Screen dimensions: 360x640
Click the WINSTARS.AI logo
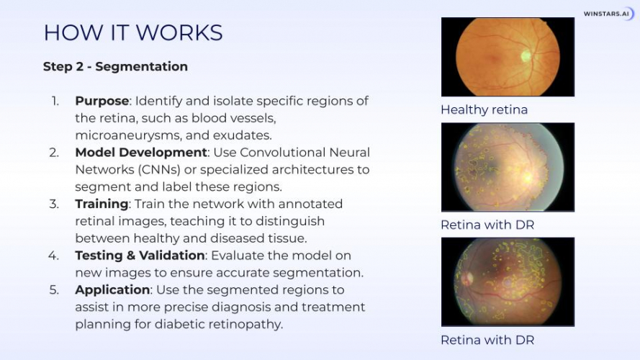coord(608,14)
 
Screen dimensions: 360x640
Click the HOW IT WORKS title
coord(133,32)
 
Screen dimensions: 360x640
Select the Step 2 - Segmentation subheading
coord(115,67)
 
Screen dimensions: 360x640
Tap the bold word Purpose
coord(102,101)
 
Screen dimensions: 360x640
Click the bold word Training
coord(102,204)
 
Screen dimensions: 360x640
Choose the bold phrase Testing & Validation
coord(140,256)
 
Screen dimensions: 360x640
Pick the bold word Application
coord(112,290)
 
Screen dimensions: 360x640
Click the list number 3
coord(54,204)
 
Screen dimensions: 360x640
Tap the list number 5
coord(54,290)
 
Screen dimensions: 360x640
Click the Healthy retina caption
coord(484,110)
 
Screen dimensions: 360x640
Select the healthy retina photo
coord(508,57)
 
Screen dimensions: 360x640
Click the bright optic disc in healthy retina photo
coord(526,55)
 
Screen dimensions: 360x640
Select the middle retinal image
coord(508,167)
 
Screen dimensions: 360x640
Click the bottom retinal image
coord(508,282)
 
